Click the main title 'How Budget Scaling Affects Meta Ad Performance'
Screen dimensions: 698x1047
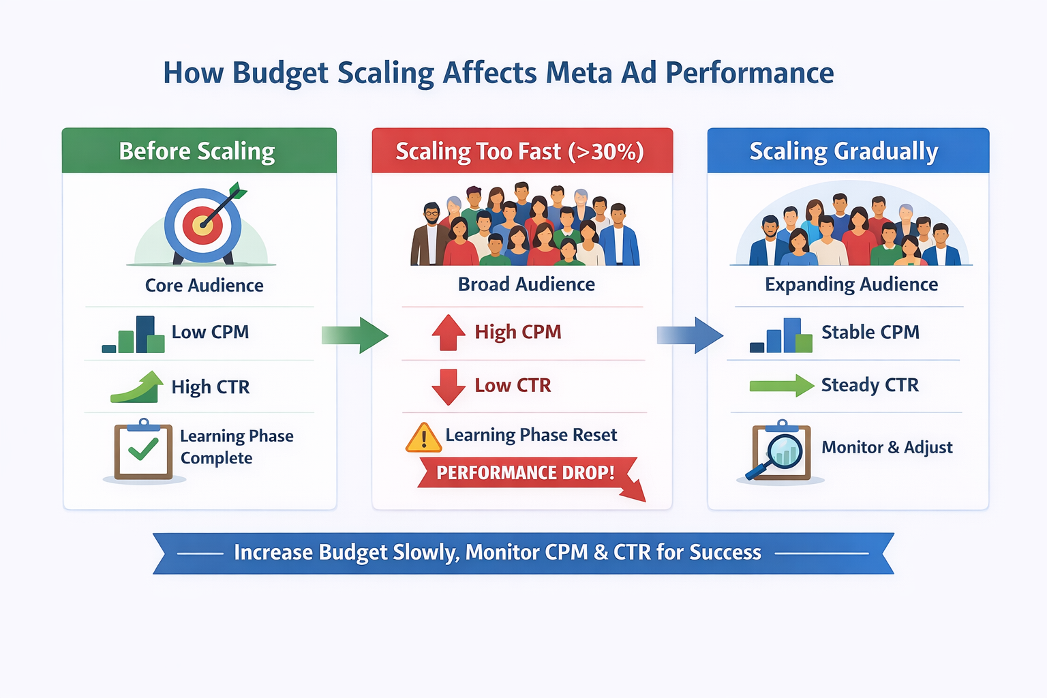498,73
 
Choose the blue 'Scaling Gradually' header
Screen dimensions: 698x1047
844,151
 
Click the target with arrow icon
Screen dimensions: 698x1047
204,224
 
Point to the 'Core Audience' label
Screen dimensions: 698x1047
204,285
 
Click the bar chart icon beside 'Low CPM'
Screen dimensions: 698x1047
134,335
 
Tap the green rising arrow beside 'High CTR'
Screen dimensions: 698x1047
138,387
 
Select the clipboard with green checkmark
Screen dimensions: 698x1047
143,451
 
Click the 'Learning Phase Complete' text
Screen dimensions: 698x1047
236,446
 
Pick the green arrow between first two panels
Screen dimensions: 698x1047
355,335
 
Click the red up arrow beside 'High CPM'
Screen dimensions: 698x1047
448,333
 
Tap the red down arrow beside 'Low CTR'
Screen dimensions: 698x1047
448,386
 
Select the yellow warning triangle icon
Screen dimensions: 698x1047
423,438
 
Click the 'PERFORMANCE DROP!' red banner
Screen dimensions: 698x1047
526,473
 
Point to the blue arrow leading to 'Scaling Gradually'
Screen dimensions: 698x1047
690,335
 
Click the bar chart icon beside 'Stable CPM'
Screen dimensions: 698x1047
781,335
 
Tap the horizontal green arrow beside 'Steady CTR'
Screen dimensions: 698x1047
781,386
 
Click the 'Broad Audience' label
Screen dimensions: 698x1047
526,284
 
